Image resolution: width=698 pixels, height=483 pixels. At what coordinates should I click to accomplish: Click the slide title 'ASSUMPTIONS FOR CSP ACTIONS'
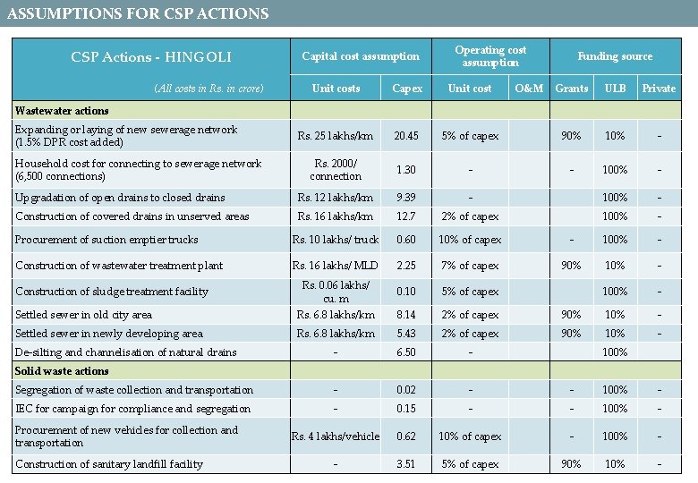pyautogui.click(x=138, y=13)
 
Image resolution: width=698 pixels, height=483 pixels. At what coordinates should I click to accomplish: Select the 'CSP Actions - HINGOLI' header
pyautogui.click(x=150, y=57)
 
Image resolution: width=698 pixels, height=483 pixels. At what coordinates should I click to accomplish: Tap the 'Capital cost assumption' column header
pyautogui.click(x=360, y=56)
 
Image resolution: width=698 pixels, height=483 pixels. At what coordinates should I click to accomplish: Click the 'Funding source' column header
pyautogui.click(x=615, y=56)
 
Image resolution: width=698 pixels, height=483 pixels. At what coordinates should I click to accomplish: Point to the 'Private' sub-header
pyautogui.click(x=659, y=89)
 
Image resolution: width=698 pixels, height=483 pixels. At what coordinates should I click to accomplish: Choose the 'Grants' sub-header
pyautogui.click(x=571, y=89)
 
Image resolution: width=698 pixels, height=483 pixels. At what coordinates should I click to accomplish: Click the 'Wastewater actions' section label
pyautogui.click(x=62, y=111)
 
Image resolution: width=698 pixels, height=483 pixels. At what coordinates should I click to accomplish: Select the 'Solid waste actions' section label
pyautogui.click(x=62, y=371)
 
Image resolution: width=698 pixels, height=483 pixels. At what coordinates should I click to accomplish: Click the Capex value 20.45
pyautogui.click(x=406, y=136)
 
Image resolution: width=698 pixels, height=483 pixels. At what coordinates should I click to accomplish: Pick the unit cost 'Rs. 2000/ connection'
pyautogui.click(x=336, y=169)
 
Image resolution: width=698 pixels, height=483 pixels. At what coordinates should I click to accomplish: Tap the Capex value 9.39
pyautogui.click(x=406, y=198)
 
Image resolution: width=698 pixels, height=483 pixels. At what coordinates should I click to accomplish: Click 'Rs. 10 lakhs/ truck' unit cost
pyautogui.click(x=336, y=240)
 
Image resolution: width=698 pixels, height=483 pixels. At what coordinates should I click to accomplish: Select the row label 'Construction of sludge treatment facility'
pyautogui.click(x=112, y=292)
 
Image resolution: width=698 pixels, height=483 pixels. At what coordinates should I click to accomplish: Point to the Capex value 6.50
pyautogui.click(x=406, y=352)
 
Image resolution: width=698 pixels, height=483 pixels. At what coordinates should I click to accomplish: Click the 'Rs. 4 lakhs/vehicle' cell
pyautogui.click(x=336, y=436)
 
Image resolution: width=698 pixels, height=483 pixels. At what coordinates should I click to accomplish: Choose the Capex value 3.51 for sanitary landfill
pyautogui.click(x=406, y=464)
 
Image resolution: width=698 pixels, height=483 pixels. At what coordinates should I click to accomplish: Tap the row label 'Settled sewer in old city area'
pyautogui.click(x=83, y=315)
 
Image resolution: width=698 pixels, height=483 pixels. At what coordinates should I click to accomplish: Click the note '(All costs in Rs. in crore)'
pyautogui.click(x=209, y=89)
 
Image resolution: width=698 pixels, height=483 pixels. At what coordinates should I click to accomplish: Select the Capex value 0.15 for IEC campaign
pyautogui.click(x=406, y=409)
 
